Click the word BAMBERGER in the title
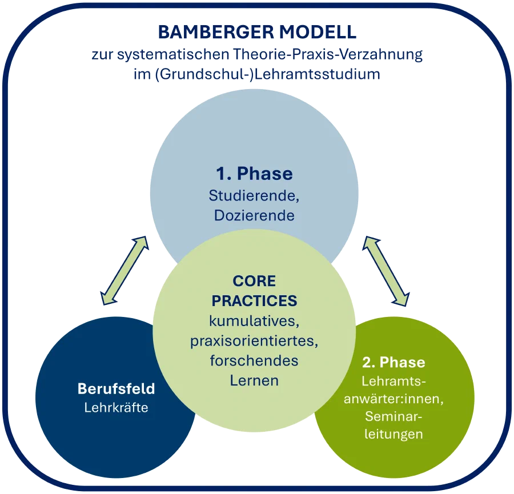click(x=216, y=32)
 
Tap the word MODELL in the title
click(x=318, y=32)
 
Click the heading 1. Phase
click(x=254, y=174)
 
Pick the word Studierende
click(x=254, y=196)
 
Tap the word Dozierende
click(x=254, y=215)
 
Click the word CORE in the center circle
click(x=254, y=281)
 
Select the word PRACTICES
click(x=254, y=301)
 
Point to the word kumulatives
click(x=254, y=321)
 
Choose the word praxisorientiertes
click(x=254, y=341)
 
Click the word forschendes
click(x=254, y=360)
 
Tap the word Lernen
click(x=254, y=380)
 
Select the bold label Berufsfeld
click(x=117, y=389)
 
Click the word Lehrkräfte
click(x=117, y=407)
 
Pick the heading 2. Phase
click(x=393, y=362)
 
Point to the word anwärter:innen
click(x=393, y=399)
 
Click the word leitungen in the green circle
click(x=393, y=434)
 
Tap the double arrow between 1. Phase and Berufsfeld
click(x=125, y=271)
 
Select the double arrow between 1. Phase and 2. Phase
click(x=386, y=271)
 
